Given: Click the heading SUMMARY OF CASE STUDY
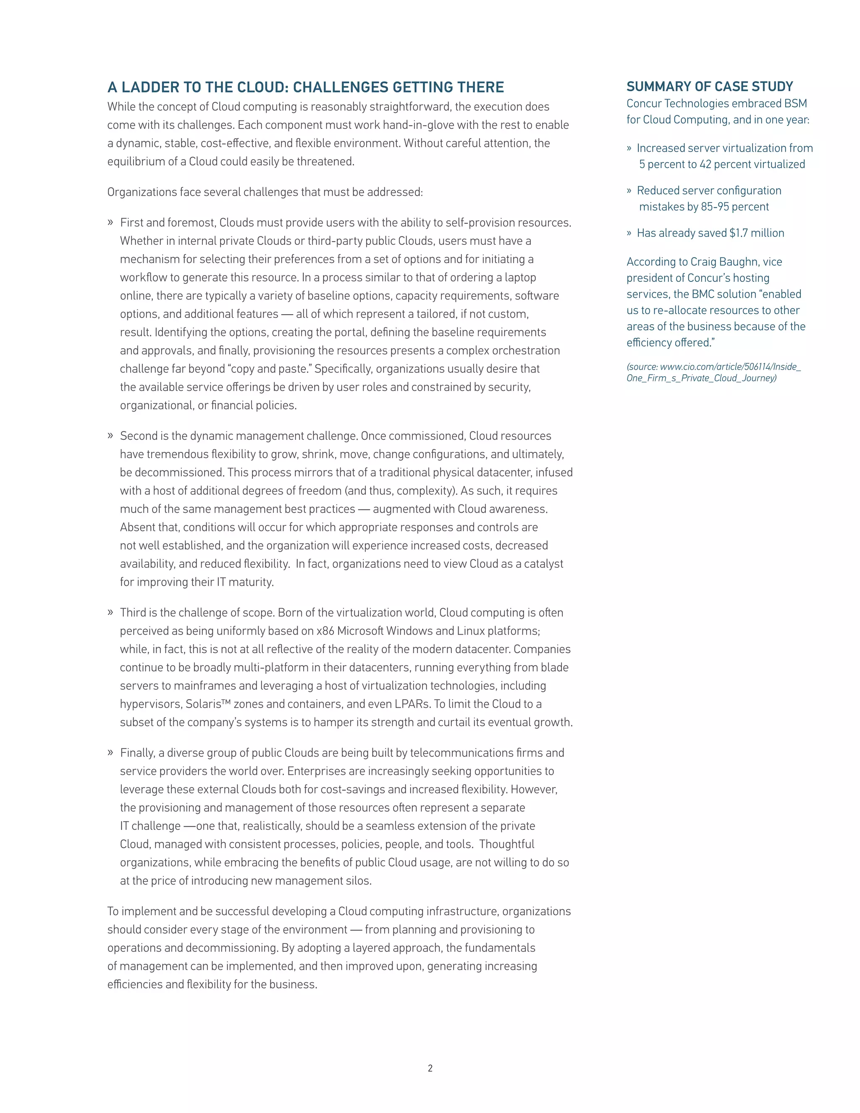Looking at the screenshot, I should click(x=710, y=87).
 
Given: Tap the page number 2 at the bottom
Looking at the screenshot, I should click(x=430, y=1068).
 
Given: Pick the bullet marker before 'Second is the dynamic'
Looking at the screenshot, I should click(x=110, y=436).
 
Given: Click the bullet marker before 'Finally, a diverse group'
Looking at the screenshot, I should click(x=110, y=753).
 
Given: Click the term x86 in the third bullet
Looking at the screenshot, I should click(x=325, y=631).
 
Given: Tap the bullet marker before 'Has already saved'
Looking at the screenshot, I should click(x=629, y=233).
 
